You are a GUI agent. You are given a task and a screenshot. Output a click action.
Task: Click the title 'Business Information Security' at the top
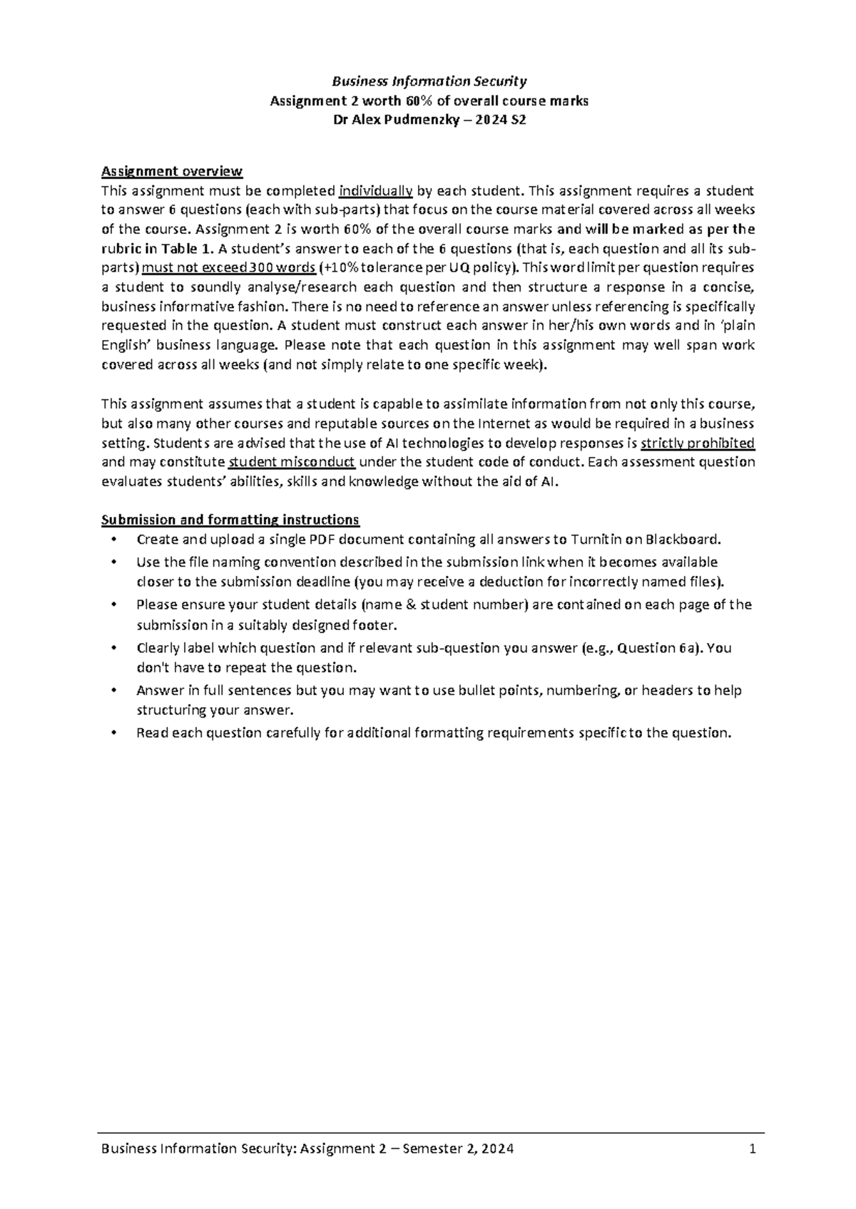428,81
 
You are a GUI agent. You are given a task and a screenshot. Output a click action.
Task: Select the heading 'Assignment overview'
172,171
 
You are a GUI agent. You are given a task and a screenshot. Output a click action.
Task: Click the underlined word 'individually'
376,191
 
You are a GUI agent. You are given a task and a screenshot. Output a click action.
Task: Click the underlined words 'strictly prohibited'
698,443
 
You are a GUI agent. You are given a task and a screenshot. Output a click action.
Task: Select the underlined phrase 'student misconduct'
291,462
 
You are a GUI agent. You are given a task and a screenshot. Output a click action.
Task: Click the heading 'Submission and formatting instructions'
230,519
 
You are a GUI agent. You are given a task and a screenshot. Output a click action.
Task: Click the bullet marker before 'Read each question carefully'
113,733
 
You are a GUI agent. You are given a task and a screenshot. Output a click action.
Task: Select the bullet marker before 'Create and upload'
113,539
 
